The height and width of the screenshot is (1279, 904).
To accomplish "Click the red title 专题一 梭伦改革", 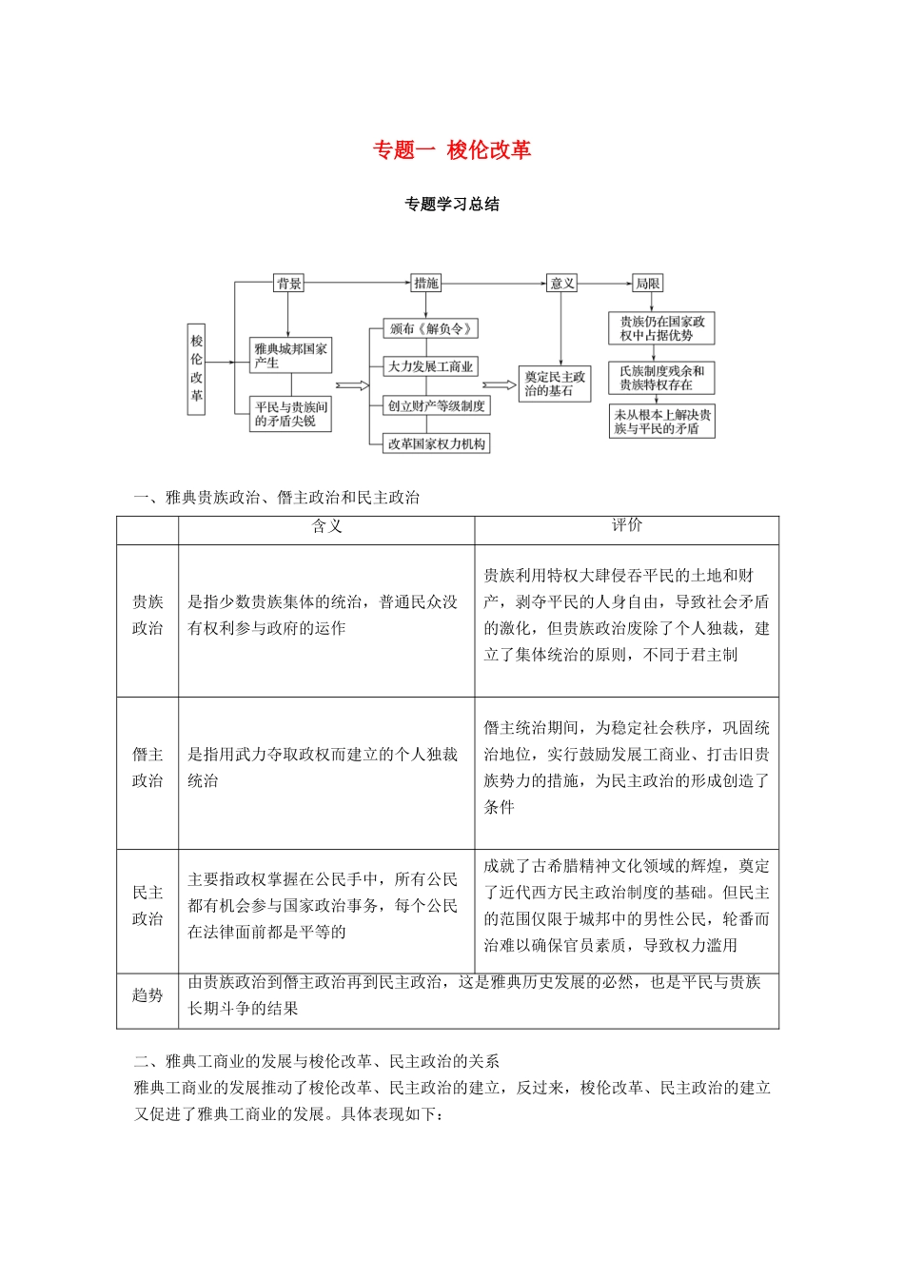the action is [x=451, y=150].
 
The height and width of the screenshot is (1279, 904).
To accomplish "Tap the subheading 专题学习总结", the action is [x=451, y=204].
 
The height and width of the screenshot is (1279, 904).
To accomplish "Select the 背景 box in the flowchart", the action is [x=288, y=284].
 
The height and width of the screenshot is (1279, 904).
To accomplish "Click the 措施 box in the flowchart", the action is [x=425, y=284].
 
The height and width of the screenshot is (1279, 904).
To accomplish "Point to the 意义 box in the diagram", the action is [x=561, y=284].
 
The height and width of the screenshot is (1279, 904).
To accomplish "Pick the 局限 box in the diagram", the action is [x=647, y=284].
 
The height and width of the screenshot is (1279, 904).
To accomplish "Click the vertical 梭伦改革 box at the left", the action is [x=196, y=368].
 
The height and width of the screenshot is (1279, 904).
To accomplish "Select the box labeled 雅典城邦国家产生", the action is [x=290, y=356].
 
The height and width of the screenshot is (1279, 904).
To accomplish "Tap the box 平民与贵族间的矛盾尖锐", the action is [x=290, y=414].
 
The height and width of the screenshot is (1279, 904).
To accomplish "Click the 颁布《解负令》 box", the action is [x=430, y=329].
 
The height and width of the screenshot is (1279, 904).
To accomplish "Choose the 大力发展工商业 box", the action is [x=430, y=366].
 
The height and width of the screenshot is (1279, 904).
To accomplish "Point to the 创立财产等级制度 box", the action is [x=437, y=405].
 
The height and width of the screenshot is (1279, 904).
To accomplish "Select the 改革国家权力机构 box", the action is [x=437, y=443].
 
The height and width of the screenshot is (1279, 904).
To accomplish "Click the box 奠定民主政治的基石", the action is [x=555, y=384].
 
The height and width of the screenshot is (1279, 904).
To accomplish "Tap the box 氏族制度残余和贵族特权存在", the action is [x=661, y=378].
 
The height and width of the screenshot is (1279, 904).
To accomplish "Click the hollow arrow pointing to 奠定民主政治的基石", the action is [x=499, y=385].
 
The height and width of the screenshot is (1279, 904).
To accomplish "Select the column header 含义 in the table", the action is [x=326, y=526].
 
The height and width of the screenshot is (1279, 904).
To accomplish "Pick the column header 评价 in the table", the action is [x=626, y=525].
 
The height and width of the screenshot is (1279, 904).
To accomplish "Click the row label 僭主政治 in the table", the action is [x=147, y=767].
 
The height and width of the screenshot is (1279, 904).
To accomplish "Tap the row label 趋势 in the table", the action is [x=147, y=995].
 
